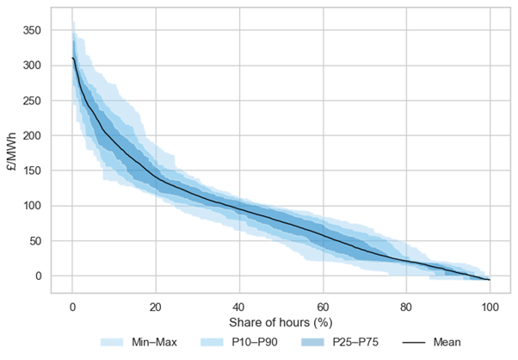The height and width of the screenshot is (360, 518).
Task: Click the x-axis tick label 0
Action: click(72, 307)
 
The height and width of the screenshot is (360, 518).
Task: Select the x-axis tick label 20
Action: click(156, 307)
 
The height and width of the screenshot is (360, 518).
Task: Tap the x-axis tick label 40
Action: click(239, 307)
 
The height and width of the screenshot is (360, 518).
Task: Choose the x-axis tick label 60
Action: click(323, 307)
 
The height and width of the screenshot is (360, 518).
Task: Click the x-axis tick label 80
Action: click(406, 307)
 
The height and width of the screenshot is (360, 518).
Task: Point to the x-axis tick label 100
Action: click(490, 307)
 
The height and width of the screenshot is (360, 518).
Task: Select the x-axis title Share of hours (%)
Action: click(281, 323)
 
